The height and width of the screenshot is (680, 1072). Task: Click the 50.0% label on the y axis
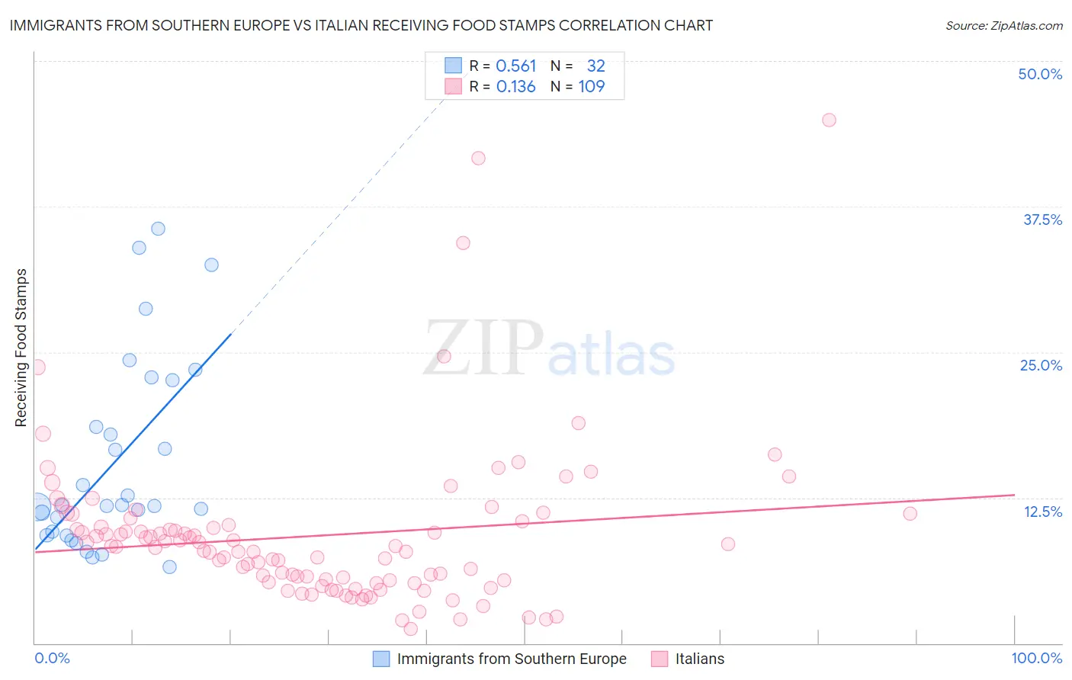(x=1040, y=74)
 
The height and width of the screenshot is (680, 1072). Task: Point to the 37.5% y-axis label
(x=1042, y=220)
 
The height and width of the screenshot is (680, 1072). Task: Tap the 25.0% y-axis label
(x=1041, y=365)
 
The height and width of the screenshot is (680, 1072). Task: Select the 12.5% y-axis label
(x=1042, y=512)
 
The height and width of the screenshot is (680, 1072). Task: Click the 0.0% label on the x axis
(x=52, y=658)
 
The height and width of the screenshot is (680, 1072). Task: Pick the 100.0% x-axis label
(x=1037, y=658)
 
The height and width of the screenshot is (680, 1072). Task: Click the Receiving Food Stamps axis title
(x=21, y=348)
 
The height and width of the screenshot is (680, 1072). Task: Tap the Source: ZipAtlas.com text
(x=1003, y=25)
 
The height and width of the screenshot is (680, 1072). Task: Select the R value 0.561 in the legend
(x=516, y=66)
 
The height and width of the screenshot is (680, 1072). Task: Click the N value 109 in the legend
(x=592, y=87)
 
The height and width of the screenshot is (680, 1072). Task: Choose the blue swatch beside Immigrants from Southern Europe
(x=381, y=659)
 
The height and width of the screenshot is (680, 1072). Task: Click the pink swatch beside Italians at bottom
(x=660, y=659)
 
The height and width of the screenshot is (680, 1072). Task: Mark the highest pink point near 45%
(x=829, y=120)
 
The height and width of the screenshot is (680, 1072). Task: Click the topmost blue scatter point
(x=158, y=229)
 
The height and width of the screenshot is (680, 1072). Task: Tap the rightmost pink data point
(x=910, y=513)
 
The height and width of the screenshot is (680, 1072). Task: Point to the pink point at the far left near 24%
(x=37, y=367)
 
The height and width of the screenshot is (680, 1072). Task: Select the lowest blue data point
(x=169, y=566)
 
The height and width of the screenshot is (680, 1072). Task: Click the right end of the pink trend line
(x=1014, y=495)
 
